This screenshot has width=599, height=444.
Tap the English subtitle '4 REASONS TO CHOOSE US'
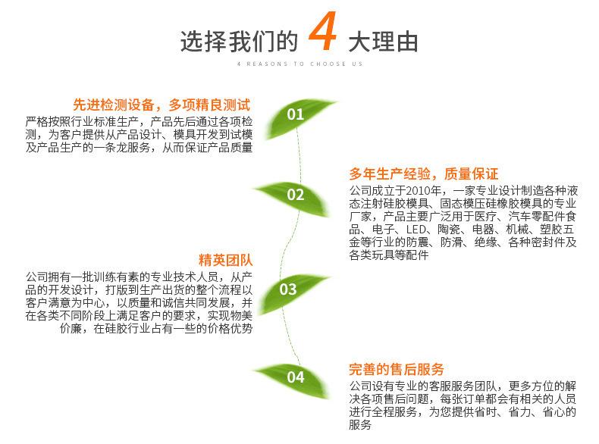point(299,64)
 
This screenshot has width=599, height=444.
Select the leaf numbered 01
point(295,114)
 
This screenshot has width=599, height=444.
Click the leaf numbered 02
point(295,195)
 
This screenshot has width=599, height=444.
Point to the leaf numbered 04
point(295,377)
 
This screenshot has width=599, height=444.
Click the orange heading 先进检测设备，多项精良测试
point(162,105)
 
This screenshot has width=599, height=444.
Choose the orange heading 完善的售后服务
point(397,369)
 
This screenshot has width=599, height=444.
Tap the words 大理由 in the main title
point(382,41)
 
